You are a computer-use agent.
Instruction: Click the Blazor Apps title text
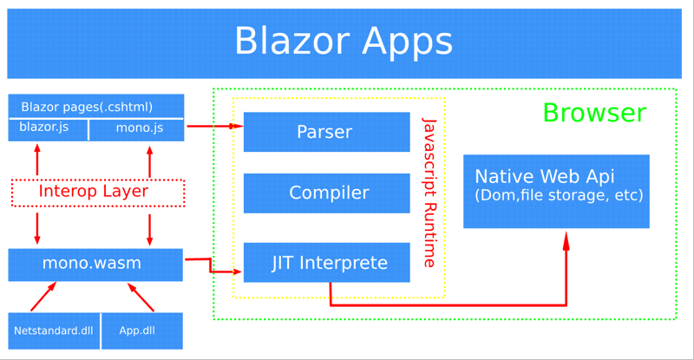[344, 41]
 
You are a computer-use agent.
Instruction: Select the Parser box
[327, 132]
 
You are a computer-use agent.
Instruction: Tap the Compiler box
[327, 193]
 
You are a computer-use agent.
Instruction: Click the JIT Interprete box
[327, 263]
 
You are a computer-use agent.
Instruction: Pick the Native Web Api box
[556, 192]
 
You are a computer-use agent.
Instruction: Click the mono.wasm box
[95, 265]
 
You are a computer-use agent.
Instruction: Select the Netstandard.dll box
[54, 331]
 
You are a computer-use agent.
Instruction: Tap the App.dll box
[142, 331]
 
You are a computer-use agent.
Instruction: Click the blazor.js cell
[49, 130]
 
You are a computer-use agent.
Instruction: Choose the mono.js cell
[137, 130]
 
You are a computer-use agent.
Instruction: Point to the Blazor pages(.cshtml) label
[87, 107]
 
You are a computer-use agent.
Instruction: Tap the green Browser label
[594, 113]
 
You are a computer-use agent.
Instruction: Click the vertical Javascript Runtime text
[429, 193]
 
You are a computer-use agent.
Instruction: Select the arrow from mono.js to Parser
[215, 126]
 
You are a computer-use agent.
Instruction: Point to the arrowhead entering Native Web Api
[566, 241]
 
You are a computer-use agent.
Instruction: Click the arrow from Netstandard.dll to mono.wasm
[43, 297]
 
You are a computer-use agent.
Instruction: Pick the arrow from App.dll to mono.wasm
[141, 298]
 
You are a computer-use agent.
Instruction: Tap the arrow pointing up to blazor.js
[37, 160]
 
